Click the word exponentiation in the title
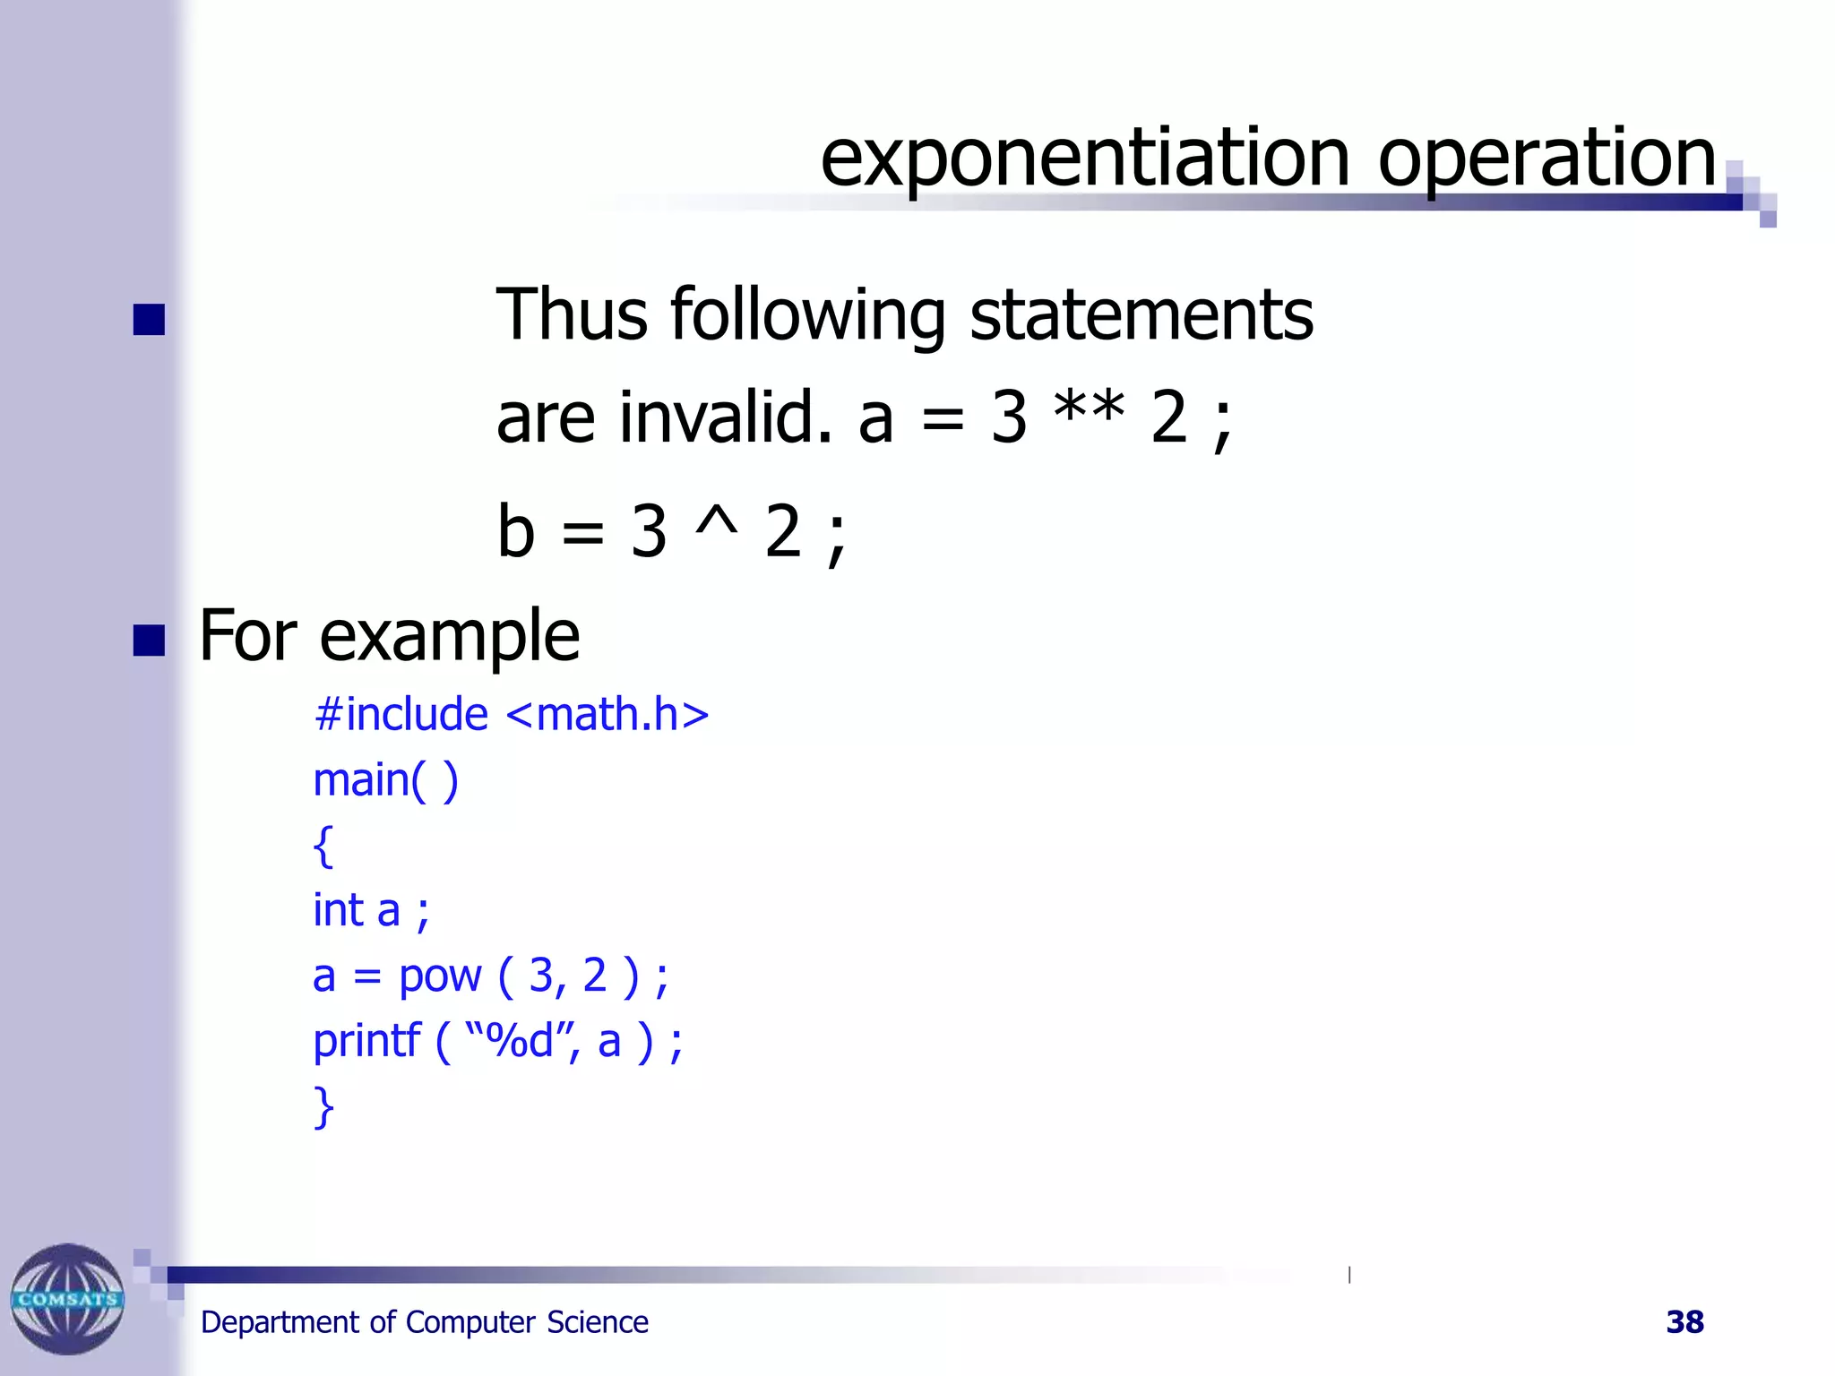point(1085,159)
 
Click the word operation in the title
point(1546,159)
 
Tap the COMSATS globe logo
point(67,1298)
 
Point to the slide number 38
point(1684,1321)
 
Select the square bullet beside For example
point(149,641)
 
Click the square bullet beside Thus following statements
point(149,320)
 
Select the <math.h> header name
point(607,715)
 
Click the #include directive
point(401,715)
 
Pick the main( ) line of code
point(385,779)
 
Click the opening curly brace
point(323,846)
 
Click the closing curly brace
point(323,1107)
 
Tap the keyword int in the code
point(338,910)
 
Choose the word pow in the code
point(440,976)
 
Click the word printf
point(366,1042)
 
